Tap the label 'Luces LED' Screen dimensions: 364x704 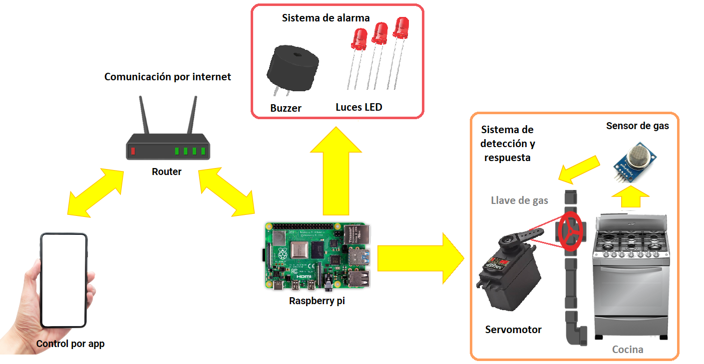(358, 107)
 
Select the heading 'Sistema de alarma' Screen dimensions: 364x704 (326, 18)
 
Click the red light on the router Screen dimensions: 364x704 (133, 151)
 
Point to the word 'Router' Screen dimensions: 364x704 (167, 172)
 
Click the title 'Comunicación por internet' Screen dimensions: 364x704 (168, 77)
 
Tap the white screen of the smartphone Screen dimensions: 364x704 (63, 280)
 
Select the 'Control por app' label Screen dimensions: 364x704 (70, 344)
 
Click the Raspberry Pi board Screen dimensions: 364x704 (318, 255)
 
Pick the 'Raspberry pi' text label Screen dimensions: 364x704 (317, 301)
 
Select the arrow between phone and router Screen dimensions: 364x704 (95, 192)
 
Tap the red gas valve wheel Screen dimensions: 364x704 (570, 232)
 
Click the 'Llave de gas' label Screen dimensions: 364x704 (519, 200)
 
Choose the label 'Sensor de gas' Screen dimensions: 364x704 (637, 126)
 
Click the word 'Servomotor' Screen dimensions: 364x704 (513, 329)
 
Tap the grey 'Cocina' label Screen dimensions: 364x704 (628, 349)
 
